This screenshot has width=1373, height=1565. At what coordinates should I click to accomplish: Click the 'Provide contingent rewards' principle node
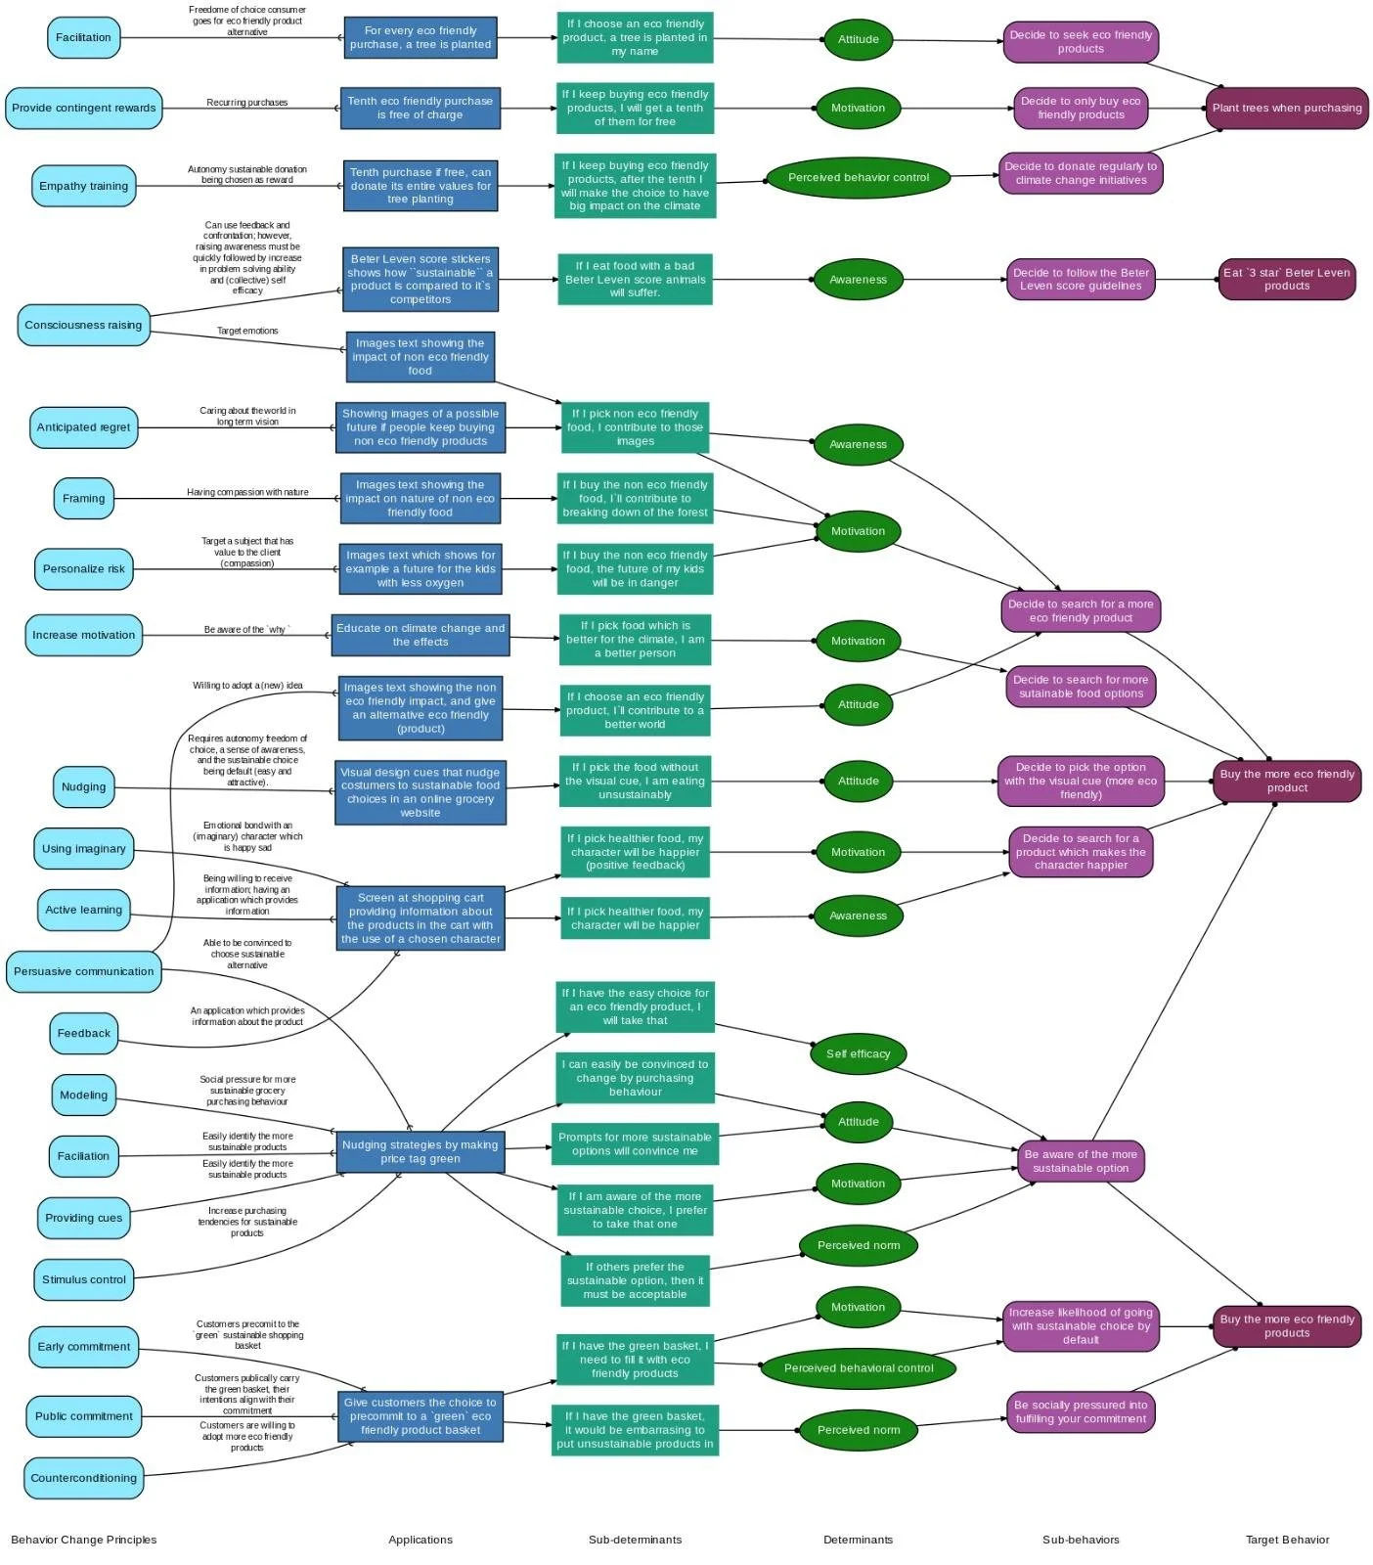coord(84,108)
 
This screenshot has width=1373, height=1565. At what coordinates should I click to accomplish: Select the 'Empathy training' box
coord(84,186)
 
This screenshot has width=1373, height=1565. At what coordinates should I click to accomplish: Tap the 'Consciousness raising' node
coord(84,325)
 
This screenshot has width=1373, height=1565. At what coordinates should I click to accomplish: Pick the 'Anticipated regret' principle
coord(84,426)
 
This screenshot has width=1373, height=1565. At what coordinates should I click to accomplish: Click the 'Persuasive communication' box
coord(84,971)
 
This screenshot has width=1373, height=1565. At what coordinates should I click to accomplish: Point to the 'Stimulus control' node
coord(84,1279)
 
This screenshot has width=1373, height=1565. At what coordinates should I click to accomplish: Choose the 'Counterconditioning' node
coord(84,1478)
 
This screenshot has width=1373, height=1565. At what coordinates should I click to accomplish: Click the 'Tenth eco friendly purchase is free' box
coord(421,108)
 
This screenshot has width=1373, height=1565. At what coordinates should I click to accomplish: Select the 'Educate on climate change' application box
coord(421,635)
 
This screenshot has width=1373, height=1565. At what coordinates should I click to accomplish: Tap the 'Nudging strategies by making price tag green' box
coord(421,1151)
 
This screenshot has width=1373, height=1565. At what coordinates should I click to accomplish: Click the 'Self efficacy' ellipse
coord(858,1053)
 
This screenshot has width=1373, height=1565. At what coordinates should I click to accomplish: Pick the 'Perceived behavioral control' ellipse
coord(858,1368)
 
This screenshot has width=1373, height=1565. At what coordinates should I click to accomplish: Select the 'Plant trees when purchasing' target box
coord(1286,108)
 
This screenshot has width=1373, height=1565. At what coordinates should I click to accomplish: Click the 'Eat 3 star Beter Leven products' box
coord(1286,279)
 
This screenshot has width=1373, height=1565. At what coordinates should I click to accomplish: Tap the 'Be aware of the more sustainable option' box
coord(1081,1161)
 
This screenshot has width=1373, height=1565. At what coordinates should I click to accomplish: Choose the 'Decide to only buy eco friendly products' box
coord(1081,108)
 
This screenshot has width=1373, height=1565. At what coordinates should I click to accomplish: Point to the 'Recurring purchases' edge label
coord(247,102)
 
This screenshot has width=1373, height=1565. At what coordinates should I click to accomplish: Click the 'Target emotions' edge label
coord(247,331)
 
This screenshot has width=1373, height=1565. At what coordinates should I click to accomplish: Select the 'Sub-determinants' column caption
coord(635,1540)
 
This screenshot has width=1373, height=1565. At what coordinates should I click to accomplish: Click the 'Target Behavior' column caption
coord(1287,1540)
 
